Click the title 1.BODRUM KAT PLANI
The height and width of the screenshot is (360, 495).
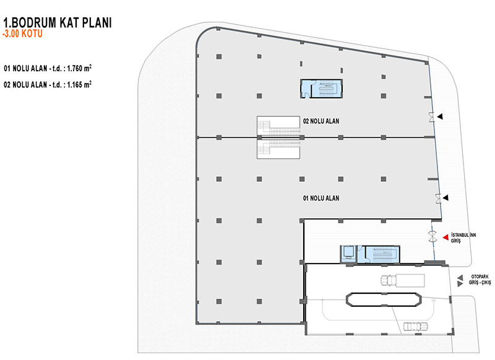[58, 22]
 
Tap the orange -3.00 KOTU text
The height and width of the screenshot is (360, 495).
[22, 34]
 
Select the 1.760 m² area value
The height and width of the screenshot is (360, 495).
[79, 68]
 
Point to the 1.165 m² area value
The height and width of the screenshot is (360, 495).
[79, 85]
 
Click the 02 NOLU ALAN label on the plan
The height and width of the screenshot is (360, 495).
[321, 121]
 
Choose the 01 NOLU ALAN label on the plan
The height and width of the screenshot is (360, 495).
[321, 198]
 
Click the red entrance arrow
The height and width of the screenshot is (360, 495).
[445, 238]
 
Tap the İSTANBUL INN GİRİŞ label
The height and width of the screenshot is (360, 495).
[463, 238]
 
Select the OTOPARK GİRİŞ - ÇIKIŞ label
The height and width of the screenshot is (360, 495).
[480, 280]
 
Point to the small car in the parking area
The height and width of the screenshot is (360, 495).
[415, 326]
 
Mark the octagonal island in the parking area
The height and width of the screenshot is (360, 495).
[384, 299]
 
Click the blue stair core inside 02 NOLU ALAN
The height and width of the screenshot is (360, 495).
[321, 88]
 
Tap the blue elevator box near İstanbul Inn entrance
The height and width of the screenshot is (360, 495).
[348, 254]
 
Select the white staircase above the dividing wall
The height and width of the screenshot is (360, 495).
[278, 126]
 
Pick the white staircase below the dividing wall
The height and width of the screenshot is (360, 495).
[278, 149]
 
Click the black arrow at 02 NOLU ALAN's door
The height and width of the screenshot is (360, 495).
[440, 117]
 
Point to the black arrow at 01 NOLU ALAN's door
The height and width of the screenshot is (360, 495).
[445, 198]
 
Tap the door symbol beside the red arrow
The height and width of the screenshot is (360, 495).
[432, 237]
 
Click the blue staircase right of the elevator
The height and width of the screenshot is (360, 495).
[382, 254]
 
